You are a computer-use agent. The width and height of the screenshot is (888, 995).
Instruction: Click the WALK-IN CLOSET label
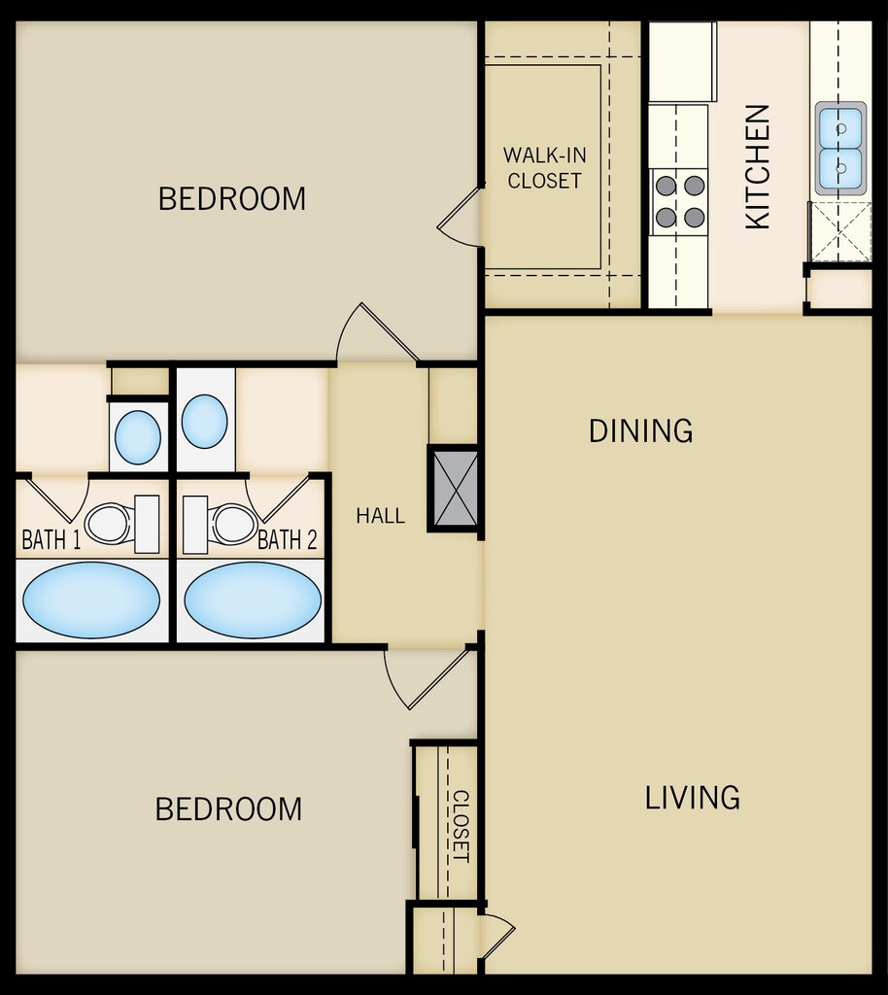[544, 167]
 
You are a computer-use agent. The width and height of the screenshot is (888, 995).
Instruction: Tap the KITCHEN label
[758, 167]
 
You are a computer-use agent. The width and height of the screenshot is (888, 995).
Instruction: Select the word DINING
[640, 430]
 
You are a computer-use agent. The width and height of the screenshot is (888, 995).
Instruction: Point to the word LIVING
[692, 798]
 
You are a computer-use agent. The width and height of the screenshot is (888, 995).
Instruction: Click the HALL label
[381, 515]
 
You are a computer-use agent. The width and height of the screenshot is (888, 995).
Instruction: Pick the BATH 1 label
[51, 539]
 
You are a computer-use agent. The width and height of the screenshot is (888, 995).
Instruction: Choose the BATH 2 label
[287, 539]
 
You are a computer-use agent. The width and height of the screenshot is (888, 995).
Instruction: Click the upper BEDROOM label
[231, 198]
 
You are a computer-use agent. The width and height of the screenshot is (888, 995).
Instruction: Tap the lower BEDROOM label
[228, 809]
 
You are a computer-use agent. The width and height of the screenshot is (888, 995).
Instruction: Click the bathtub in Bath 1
[91, 600]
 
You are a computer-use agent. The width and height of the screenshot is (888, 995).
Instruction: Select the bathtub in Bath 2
[253, 600]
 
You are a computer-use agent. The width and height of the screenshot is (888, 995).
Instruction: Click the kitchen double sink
[840, 149]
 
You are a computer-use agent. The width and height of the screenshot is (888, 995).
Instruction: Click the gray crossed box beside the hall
[454, 489]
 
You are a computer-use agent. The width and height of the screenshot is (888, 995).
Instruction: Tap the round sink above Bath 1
[138, 437]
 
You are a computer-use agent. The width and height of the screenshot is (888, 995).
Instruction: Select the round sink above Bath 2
[204, 422]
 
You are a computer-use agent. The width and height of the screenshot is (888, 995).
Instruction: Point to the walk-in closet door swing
[458, 214]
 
